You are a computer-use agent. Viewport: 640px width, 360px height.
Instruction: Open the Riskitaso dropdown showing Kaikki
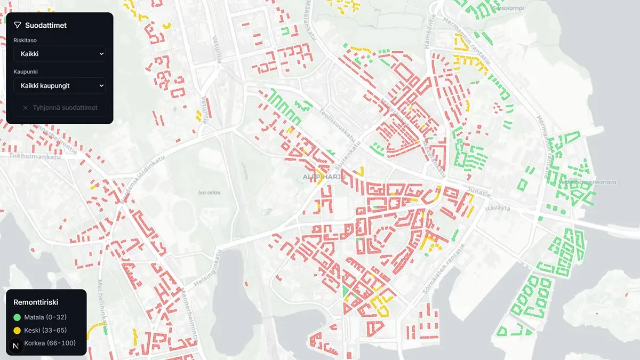(x=59, y=54)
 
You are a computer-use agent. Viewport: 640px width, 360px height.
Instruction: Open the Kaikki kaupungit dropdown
(x=59, y=86)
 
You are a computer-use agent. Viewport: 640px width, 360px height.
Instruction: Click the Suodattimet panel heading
(x=46, y=25)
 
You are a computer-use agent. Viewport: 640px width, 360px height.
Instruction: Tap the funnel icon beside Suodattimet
(x=18, y=25)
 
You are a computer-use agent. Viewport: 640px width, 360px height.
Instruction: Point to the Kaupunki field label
(x=26, y=71)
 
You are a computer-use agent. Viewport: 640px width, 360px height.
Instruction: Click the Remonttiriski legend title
(x=36, y=302)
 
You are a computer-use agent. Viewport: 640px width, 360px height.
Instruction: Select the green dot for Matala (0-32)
(x=17, y=317)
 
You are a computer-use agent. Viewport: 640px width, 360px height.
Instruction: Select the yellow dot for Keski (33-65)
(x=17, y=330)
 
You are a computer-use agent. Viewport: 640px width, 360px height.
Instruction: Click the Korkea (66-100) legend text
(x=50, y=343)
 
